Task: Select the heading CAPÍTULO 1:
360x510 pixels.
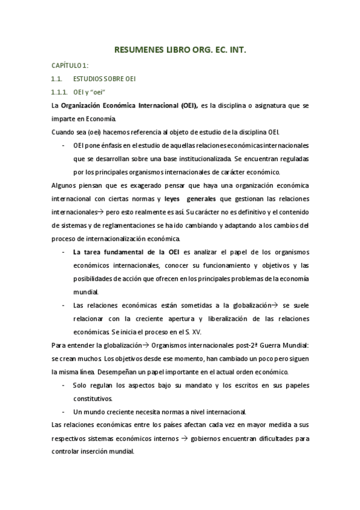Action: (70, 66)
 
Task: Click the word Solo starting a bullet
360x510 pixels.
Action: (81, 385)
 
